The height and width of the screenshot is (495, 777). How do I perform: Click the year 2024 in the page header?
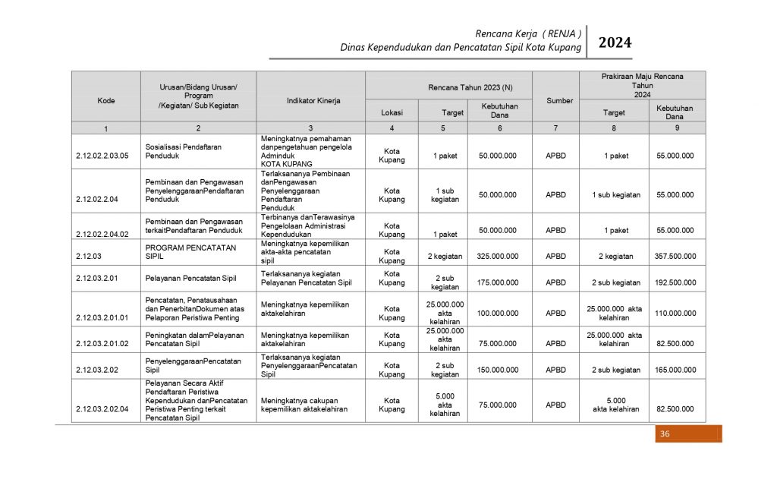[x=615, y=43]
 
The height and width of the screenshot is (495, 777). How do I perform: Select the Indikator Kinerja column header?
[x=313, y=100]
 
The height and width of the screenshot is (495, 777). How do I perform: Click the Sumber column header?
[x=559, y=100]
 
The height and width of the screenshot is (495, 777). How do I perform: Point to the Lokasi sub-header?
[x=392, y=112]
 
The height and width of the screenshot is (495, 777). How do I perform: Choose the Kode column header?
[x=106, y=100]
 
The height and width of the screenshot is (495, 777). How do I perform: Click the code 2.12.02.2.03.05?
[x=102, y=156]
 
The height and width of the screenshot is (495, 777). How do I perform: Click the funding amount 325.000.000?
[x=498, y=256]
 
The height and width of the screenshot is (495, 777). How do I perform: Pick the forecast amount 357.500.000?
[x=675, y=256]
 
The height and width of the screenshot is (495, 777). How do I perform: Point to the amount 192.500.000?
[x=675, y=282]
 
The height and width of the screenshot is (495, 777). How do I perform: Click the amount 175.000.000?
[x=498, y=282]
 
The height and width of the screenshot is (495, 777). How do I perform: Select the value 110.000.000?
[x=675, y=313]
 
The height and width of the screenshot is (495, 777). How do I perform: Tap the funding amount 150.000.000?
[x=498, y=370]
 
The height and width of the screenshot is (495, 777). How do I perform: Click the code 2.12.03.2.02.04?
[x=102, y=409]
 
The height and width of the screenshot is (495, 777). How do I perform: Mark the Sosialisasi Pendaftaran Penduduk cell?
[x=184, y=151]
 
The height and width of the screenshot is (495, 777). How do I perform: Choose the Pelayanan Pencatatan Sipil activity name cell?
[x=191, y=278]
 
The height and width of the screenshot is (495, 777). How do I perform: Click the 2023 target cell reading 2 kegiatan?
[x=445, y=256]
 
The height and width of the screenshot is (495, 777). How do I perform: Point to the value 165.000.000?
[x=675, y=370]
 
